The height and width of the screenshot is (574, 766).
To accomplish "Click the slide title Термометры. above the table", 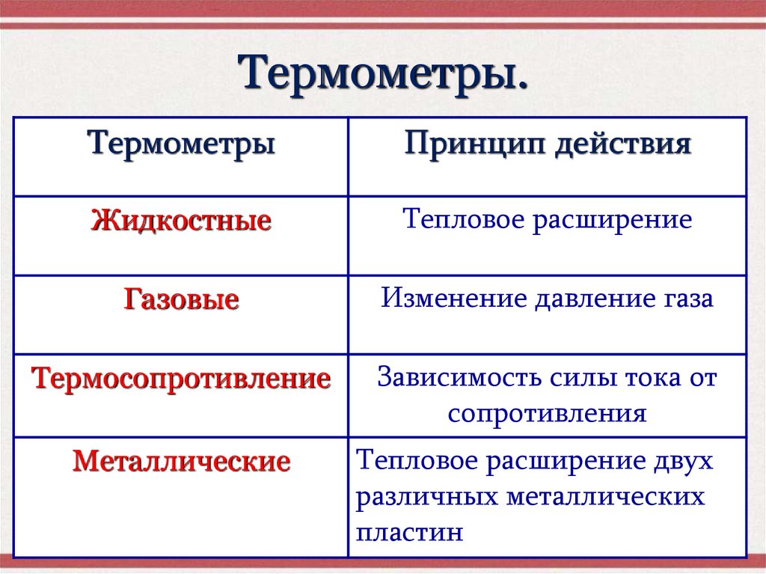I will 382,74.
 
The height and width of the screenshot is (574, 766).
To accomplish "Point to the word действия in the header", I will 623,142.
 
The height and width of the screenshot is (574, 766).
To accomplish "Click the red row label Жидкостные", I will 181,222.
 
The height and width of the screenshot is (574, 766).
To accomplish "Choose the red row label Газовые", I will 181,301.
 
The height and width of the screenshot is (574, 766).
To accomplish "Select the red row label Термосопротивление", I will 181,379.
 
